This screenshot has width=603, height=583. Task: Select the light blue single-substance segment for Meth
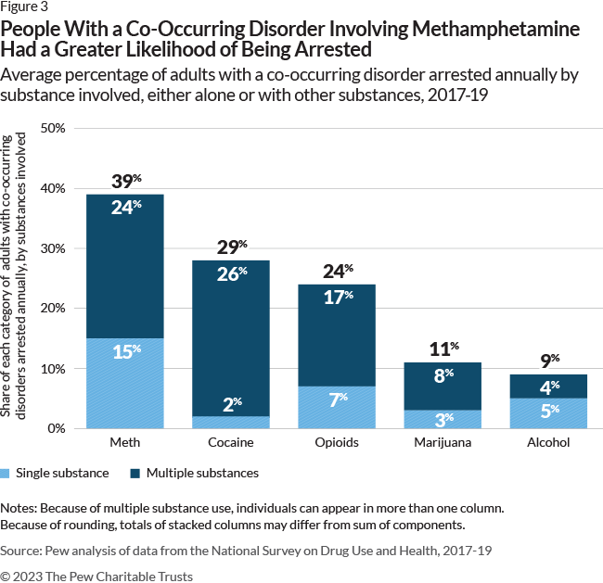(125, 383)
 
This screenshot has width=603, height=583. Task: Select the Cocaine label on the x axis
(230, 443)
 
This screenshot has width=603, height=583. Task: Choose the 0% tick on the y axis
(56, 429)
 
